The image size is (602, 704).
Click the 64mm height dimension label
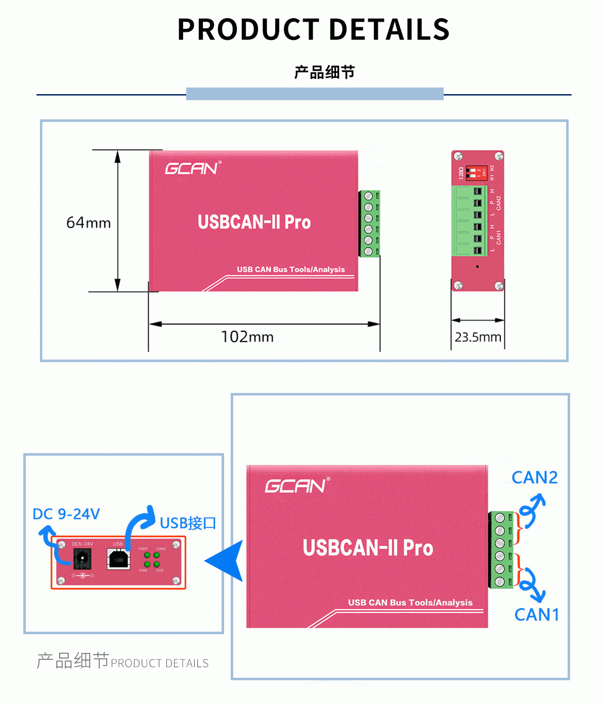click(x=89, y=223)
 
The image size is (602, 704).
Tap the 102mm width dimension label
click(x=247, y=337)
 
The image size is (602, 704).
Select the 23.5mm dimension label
click(x=478, y=337)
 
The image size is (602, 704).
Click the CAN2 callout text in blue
click(x=534, y=477)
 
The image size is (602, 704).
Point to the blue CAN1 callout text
click(x=537, y=614)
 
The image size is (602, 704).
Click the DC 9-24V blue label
click(x=66, y=514)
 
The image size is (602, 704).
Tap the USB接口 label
click(x=188, y=523)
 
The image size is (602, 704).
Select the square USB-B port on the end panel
click(x=118, y=559)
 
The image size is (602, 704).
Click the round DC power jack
click(x=82, y=559)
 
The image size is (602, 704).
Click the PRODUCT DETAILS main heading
click(x=313, y=29)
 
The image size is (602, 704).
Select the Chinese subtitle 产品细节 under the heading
click(x=324, y=72)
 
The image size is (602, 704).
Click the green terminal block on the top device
click(x=369, y=224)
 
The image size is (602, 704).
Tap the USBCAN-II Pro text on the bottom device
click(x=368, y=548)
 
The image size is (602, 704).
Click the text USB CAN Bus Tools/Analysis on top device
click(x=291, y=270)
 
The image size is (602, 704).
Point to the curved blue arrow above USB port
click(x=139, y=521)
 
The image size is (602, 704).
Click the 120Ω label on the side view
click(x=461, y=172)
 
